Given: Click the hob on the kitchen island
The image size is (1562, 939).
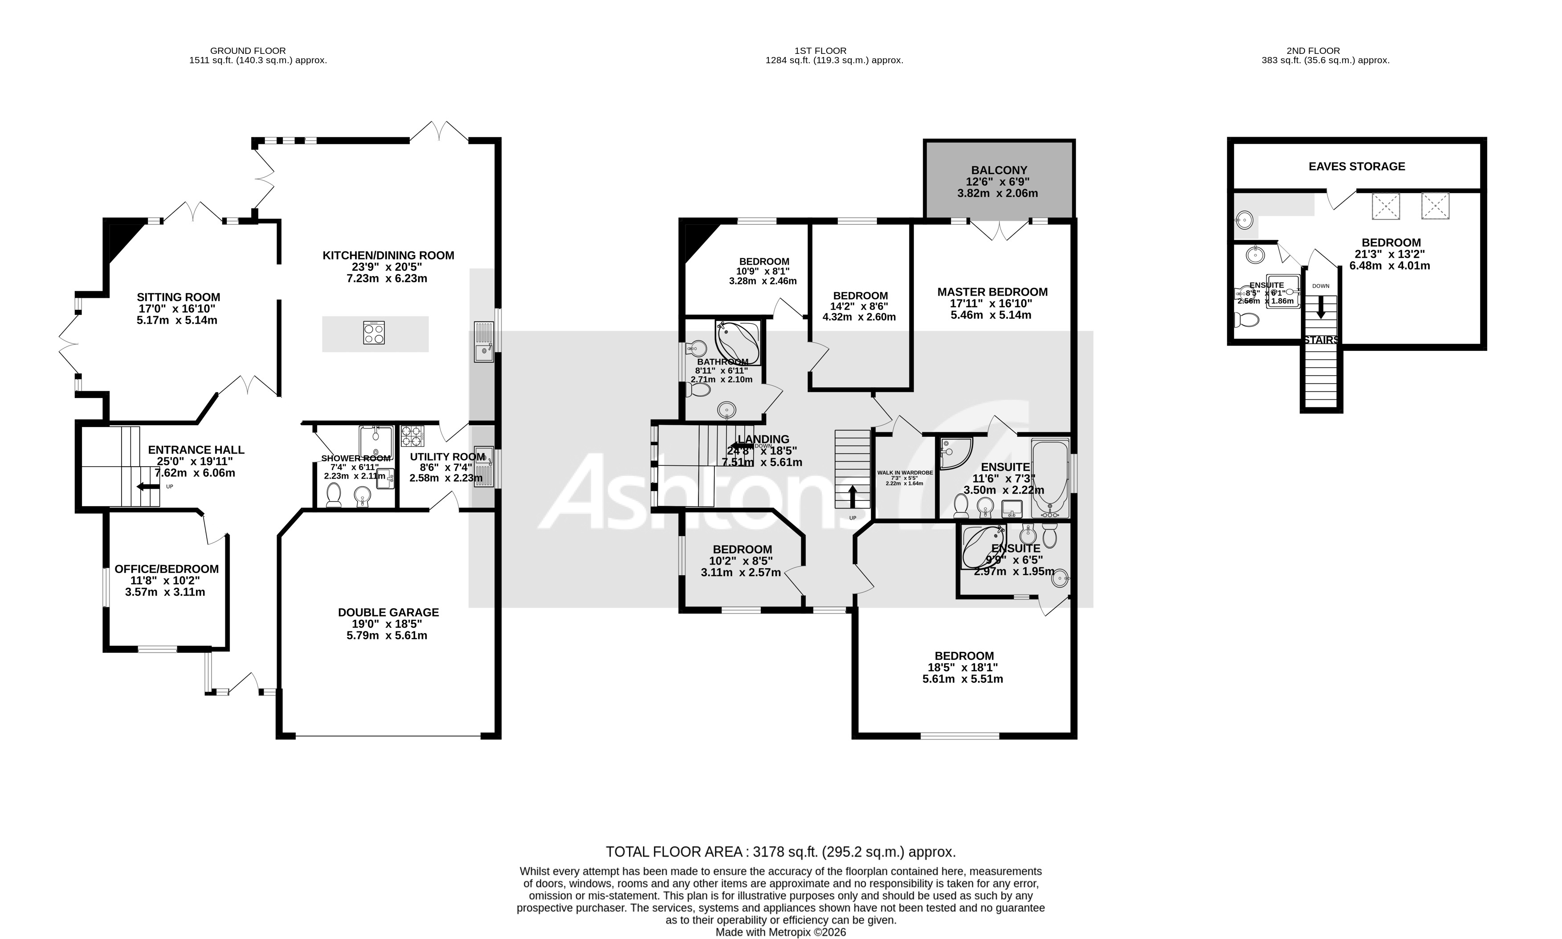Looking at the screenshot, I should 374,333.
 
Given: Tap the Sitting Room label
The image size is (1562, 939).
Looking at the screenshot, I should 179,297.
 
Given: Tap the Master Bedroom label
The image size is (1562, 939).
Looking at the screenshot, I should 992,292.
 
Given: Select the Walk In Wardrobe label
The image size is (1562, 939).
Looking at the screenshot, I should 905,473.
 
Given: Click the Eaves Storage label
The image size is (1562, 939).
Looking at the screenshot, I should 1356,167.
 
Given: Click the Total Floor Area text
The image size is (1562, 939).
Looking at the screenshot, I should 780,852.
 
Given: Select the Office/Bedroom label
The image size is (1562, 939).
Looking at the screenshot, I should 167,569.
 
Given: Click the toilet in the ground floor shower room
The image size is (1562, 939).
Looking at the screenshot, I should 334,494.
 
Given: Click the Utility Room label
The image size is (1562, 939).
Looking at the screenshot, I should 447,457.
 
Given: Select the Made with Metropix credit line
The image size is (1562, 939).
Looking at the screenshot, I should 780,932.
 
